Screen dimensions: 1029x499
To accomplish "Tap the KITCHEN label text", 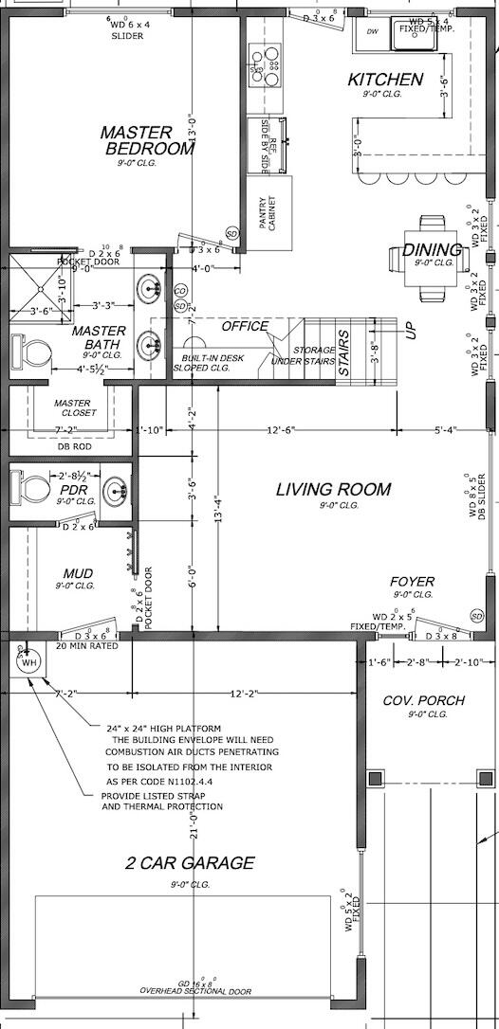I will [385, 80].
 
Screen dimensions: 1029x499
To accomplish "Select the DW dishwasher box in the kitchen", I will [372, 31].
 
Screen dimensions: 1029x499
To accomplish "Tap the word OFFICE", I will [245, 326].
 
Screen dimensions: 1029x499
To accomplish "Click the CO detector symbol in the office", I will [180, 291].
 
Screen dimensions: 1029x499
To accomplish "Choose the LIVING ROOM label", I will [333, 490].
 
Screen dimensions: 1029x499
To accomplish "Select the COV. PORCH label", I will [424, 700].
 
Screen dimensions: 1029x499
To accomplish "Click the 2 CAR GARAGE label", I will [191, 862].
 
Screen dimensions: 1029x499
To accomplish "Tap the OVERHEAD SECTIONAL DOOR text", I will [196, 990].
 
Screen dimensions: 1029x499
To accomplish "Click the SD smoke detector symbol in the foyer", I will [477, 617].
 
